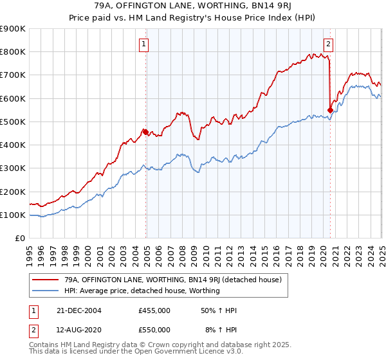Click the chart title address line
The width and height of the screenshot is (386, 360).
pos(193,8)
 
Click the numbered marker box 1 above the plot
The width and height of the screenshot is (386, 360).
pos(143,44)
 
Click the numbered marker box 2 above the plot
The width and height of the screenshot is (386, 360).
pos(328,44)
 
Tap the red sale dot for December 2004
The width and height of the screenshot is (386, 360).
pos(146,132)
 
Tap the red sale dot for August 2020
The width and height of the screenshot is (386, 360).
pos(330,110)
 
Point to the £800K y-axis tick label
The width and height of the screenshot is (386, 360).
pos(13,52)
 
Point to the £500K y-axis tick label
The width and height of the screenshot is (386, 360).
pos(13,122)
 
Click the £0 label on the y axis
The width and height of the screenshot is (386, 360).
pos(19,238)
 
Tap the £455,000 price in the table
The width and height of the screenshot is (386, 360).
pos(154,310)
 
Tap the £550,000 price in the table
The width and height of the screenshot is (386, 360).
pos(154,330)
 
